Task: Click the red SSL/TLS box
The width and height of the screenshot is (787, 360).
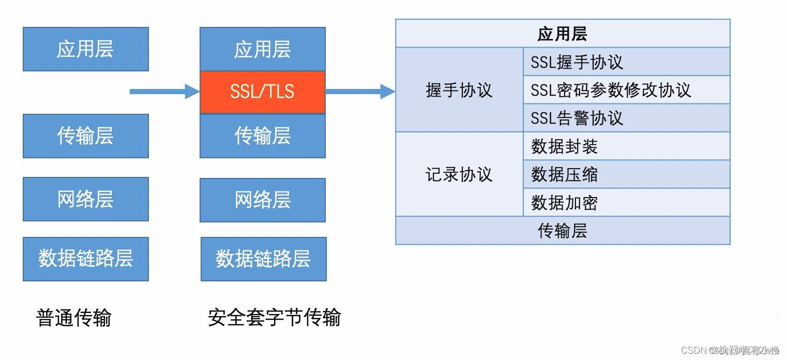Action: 262,92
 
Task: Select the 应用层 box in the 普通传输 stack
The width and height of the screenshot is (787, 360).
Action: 85,49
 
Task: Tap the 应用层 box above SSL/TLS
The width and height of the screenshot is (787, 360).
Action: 262,49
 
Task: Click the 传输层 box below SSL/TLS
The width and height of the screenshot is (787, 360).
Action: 262,136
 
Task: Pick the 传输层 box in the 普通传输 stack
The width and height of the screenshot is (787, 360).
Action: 85,136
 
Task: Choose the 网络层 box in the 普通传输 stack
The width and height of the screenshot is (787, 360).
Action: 85,199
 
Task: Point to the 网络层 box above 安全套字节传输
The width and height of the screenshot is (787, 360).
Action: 262,200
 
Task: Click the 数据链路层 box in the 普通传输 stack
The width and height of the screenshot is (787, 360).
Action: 85,259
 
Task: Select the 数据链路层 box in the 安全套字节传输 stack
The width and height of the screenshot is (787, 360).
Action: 263,259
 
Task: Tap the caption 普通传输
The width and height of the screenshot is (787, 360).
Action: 74,318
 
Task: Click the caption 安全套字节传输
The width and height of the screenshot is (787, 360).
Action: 274,318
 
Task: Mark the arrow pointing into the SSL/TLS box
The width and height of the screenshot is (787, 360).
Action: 163,92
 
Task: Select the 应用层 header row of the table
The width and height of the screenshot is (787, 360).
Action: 562,34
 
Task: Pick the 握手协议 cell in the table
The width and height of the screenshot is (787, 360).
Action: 459,90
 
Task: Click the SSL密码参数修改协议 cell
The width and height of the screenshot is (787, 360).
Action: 626,90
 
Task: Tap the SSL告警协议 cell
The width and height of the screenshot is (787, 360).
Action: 626,118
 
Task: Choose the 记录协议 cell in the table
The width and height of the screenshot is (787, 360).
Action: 459,174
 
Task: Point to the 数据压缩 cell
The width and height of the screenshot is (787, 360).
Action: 626,174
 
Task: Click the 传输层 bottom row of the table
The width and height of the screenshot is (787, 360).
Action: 562,231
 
